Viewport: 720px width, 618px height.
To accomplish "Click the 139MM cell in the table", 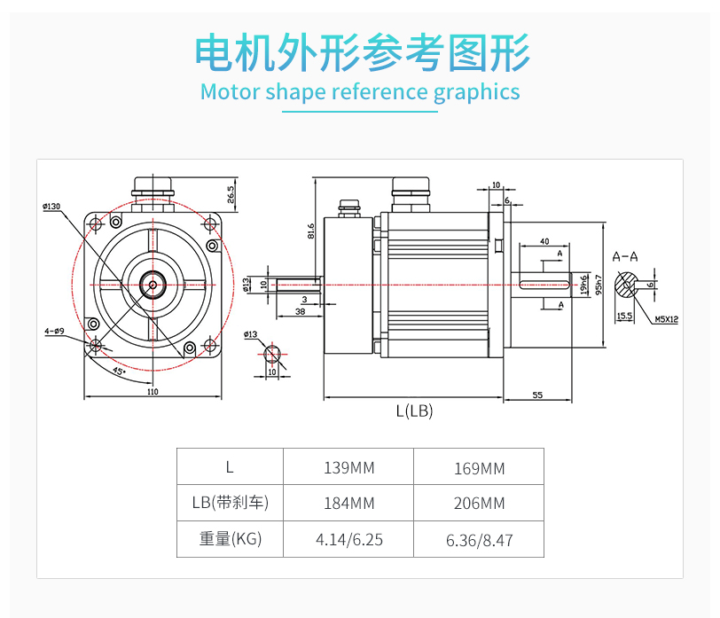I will [x=348, y=467].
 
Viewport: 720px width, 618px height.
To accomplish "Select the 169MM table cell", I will [x=479, y=467].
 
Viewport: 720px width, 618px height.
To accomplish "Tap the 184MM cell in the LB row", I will [x=348, y=503].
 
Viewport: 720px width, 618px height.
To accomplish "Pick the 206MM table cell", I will [x=479, y=503].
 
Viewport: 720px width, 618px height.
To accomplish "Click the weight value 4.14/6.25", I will [x=348, y=539].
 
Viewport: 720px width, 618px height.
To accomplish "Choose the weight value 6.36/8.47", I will [x=479, y=539].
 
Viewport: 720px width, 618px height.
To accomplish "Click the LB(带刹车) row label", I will [x=230, y=503].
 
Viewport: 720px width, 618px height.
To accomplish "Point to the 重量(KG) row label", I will [x=230, y=539].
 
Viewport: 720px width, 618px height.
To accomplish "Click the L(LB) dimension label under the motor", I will [x=414, y=411].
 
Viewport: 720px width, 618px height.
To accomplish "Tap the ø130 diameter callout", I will [x=51, y=207].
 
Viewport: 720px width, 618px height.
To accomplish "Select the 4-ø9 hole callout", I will [x=54, y=332].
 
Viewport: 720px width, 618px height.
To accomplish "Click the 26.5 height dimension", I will [x=231, y=194].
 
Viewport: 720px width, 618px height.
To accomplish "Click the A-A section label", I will [x=625, y=256].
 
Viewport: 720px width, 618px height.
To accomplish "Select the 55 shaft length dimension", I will [x=538, y=395].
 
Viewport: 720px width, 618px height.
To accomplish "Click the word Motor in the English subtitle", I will [x=229, y=91].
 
